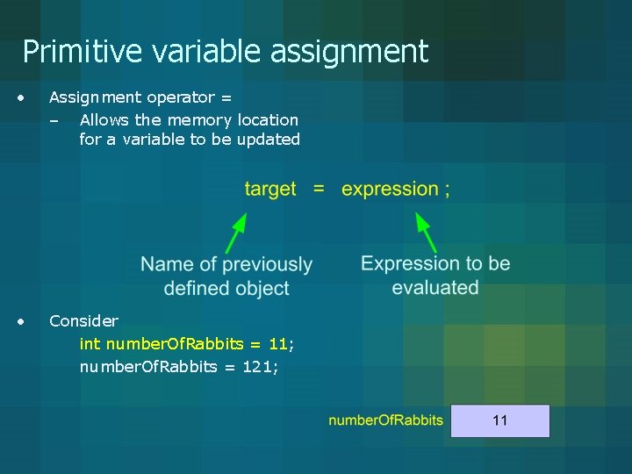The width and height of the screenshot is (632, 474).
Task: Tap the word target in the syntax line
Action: (270, 190)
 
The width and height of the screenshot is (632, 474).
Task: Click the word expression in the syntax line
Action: (390, 190)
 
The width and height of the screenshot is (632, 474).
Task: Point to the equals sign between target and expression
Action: (319, 190)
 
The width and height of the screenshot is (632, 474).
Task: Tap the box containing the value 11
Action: (499, 420)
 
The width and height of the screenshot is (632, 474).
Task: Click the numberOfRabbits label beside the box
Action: (385, 420)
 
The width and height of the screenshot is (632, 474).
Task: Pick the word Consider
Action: (83, 321)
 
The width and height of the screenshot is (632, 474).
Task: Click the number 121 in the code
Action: (257, 367)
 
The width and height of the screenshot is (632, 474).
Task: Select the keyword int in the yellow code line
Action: (90, 344)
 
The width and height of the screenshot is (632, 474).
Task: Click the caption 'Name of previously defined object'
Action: (226, 276)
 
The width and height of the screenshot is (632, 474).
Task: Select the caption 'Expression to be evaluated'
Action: (435, 275)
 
